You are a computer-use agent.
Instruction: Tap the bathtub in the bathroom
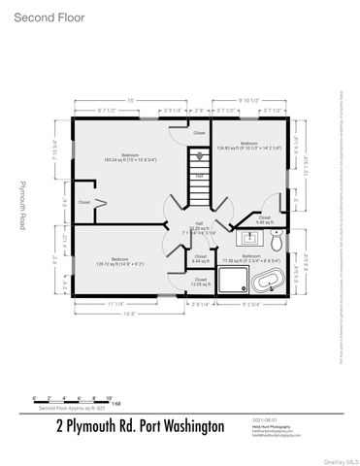(x=269, y=283)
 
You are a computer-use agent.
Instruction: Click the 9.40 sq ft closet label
(x=264, y=219)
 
